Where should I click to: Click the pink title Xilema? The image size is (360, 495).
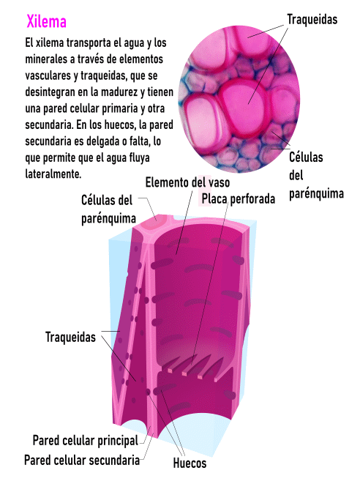(46, 22)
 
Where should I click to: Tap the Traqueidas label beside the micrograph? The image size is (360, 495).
(312, 20)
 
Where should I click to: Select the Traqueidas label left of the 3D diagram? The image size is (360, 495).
(70, 337)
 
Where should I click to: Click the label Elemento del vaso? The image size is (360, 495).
(187, 182)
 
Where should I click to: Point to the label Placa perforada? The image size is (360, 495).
(239, 199)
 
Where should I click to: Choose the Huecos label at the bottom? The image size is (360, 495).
(190, 463)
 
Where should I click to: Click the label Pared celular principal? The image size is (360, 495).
(86, 440)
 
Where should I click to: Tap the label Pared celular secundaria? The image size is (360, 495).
(82, 460)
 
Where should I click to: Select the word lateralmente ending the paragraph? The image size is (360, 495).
(53, 174)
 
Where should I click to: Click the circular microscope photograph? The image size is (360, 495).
(239, 99)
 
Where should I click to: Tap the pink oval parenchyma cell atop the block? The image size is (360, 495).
(155, 223)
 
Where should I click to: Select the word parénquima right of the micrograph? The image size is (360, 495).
(316, 194)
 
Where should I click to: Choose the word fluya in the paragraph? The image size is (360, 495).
(139, 157)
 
